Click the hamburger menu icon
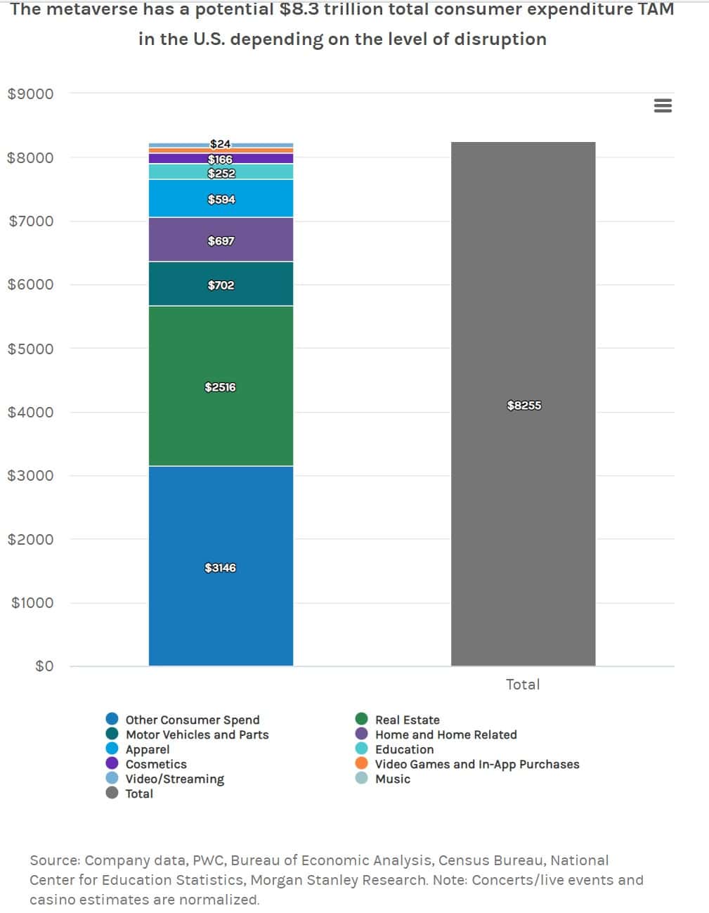click(663, 105)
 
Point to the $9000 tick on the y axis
click(30, 93)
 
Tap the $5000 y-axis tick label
click(30, 349)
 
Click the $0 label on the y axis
click(44, 666)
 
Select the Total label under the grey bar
click(523, 684)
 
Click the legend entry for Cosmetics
click(155, 764)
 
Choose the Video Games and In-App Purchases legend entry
click(476, 764)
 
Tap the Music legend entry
click(392, 779)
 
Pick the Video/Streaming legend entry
click(174, 779)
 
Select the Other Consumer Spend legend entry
click(192, 720)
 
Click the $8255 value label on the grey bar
click(524, 406)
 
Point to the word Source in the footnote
click(54, 860)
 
